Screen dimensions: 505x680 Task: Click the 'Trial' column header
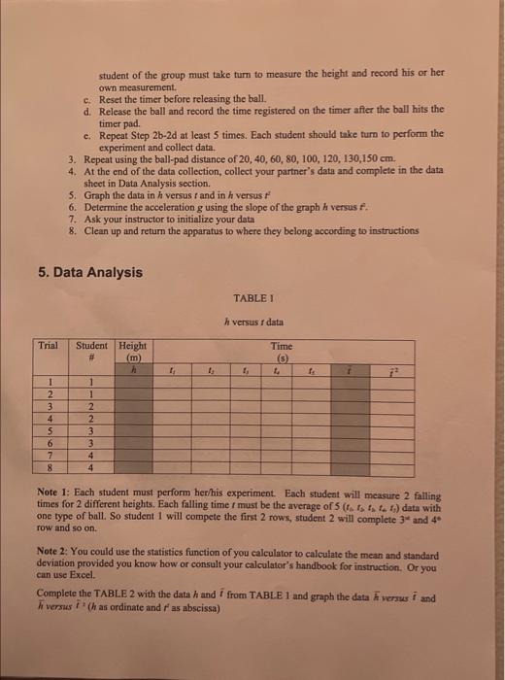click(48, 345)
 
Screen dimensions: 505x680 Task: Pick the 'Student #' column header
click(91, 351)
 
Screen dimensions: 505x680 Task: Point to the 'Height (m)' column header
click(132, 351)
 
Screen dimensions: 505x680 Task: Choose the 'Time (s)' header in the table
click(280, 351)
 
